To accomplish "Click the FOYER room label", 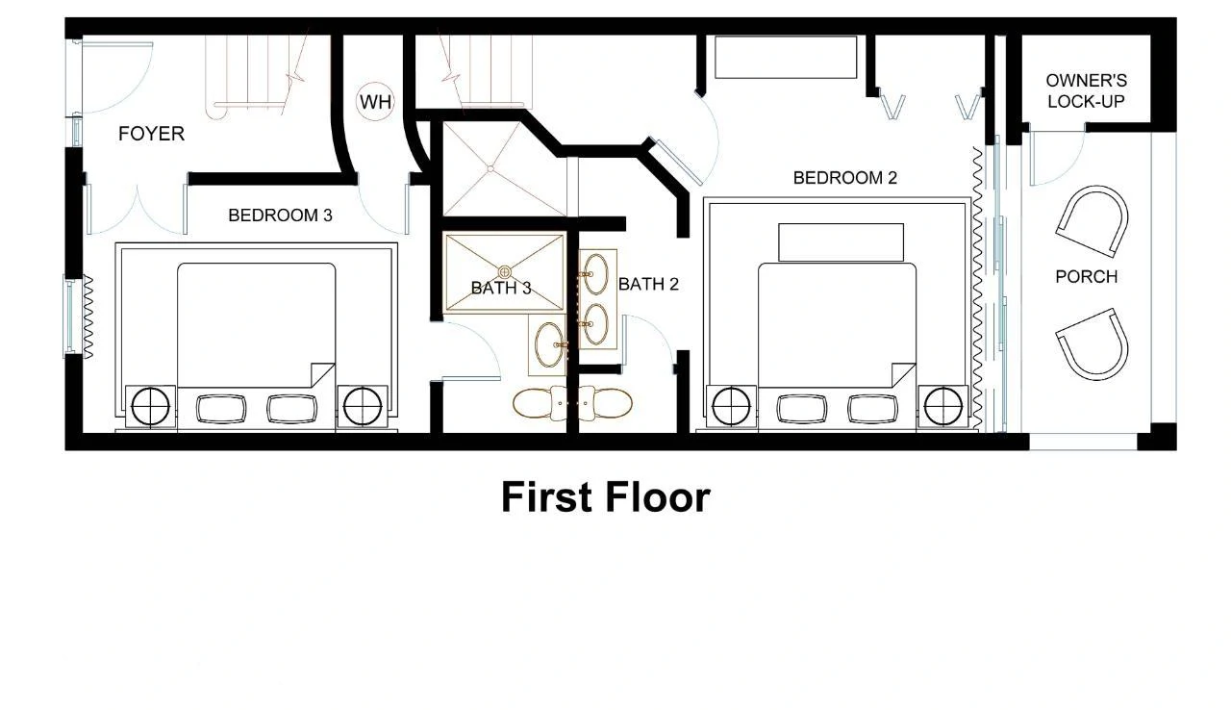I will (x=151, y=134).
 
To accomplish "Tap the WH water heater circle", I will (x=375, y=101).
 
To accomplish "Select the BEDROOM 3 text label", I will (x=280, y=216).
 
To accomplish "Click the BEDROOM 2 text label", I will (x=844, y=178).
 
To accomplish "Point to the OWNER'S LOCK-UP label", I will (x=1086, y=91).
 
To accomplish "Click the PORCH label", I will (x=1086, y=277).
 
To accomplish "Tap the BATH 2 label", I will (x=648, y=284).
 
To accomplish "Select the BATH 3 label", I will (x=501, y=288).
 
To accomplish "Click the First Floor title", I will (x=605, y=497).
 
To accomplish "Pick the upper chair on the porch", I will (x=1093, y=222).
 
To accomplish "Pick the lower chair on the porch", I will (x=1093, y=342).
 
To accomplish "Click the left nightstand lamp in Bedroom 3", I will (x=150, y=407).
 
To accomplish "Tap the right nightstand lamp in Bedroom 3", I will (x=362, y=407).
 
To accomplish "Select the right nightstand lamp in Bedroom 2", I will (x=942, y=407).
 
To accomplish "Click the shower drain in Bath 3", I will (x=505, y=271).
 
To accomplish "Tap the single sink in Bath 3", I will (x=549, y=343).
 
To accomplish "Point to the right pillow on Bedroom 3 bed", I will (x=291, y=409).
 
